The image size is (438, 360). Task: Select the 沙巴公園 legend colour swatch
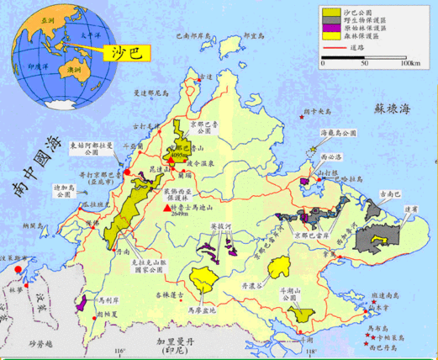click(330, 14)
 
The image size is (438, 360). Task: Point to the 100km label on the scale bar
click(409, 64)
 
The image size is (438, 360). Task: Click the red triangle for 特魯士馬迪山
click(166, 207)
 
